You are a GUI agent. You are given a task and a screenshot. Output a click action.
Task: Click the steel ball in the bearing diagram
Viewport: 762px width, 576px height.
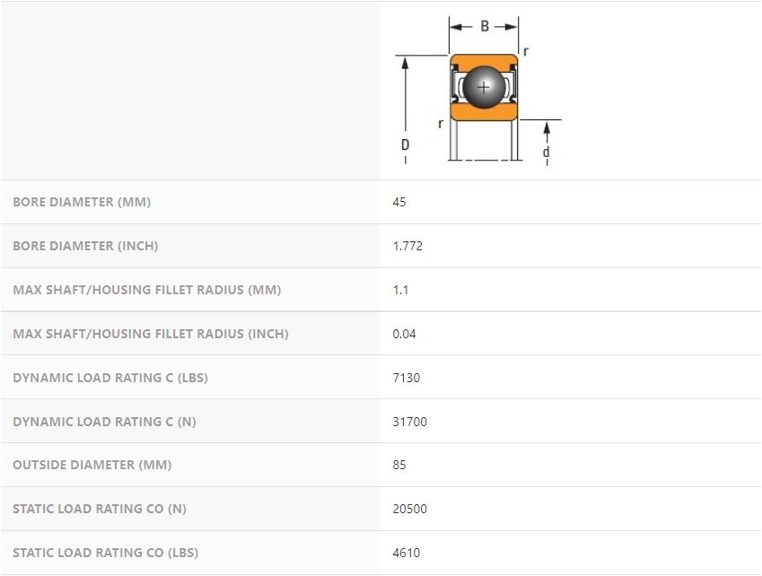(484, 87)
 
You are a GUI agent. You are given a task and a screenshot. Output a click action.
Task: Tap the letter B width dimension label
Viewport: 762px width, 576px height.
(485, 26)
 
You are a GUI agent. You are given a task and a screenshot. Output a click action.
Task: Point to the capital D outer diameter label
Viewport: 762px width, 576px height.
(405, 144)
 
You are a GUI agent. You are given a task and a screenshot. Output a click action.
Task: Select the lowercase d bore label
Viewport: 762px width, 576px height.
(547, 152)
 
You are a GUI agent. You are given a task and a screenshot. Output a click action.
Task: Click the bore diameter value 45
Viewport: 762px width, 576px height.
(399, 202)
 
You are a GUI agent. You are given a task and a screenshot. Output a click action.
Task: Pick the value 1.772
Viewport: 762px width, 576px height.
(407, 246)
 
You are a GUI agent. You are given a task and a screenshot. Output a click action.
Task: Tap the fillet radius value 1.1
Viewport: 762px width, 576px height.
(400, 290)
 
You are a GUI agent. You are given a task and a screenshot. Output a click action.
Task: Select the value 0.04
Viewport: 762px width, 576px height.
(404, 334)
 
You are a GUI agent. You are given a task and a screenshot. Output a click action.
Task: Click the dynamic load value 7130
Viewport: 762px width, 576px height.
(407, 378)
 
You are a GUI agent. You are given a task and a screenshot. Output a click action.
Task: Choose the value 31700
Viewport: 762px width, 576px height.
(409, 422)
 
